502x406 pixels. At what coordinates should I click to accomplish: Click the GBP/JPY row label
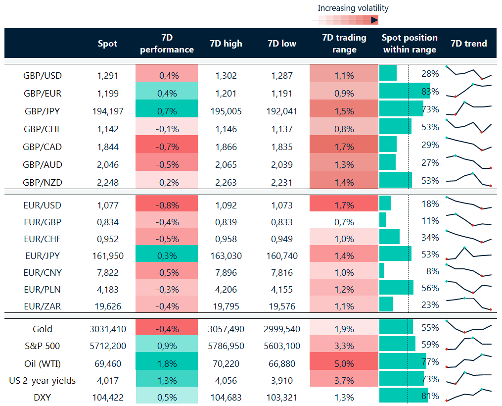tap(42, 111)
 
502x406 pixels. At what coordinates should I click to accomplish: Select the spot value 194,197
tap(108, 111)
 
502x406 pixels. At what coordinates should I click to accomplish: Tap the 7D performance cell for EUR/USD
tap(167, 205)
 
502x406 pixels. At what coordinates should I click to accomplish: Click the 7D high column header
tap(226, 44)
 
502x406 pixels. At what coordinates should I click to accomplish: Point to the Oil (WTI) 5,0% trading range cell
tap(344, 364)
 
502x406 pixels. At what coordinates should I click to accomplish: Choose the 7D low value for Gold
tap(282, 329)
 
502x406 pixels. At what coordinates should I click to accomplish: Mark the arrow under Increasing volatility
tap(344, 20)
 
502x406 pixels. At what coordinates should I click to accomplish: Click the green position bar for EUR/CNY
tap(381, 270)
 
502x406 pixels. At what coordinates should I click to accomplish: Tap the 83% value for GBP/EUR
tap(430, 92)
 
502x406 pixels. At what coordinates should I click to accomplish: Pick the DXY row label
tap(42, 397)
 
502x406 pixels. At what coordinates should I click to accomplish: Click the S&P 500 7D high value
tap(226, 346)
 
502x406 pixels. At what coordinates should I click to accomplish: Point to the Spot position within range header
tap(410, 44)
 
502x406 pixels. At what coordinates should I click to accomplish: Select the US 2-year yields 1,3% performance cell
tap(167, 381)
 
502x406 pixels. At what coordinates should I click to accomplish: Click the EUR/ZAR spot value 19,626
tap(108, 306)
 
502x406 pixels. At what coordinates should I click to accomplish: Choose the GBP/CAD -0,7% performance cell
tap(167, 147)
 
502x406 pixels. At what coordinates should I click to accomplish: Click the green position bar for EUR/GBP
tap(382, 220)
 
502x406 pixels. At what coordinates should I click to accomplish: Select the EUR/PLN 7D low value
tap(282, 289)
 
